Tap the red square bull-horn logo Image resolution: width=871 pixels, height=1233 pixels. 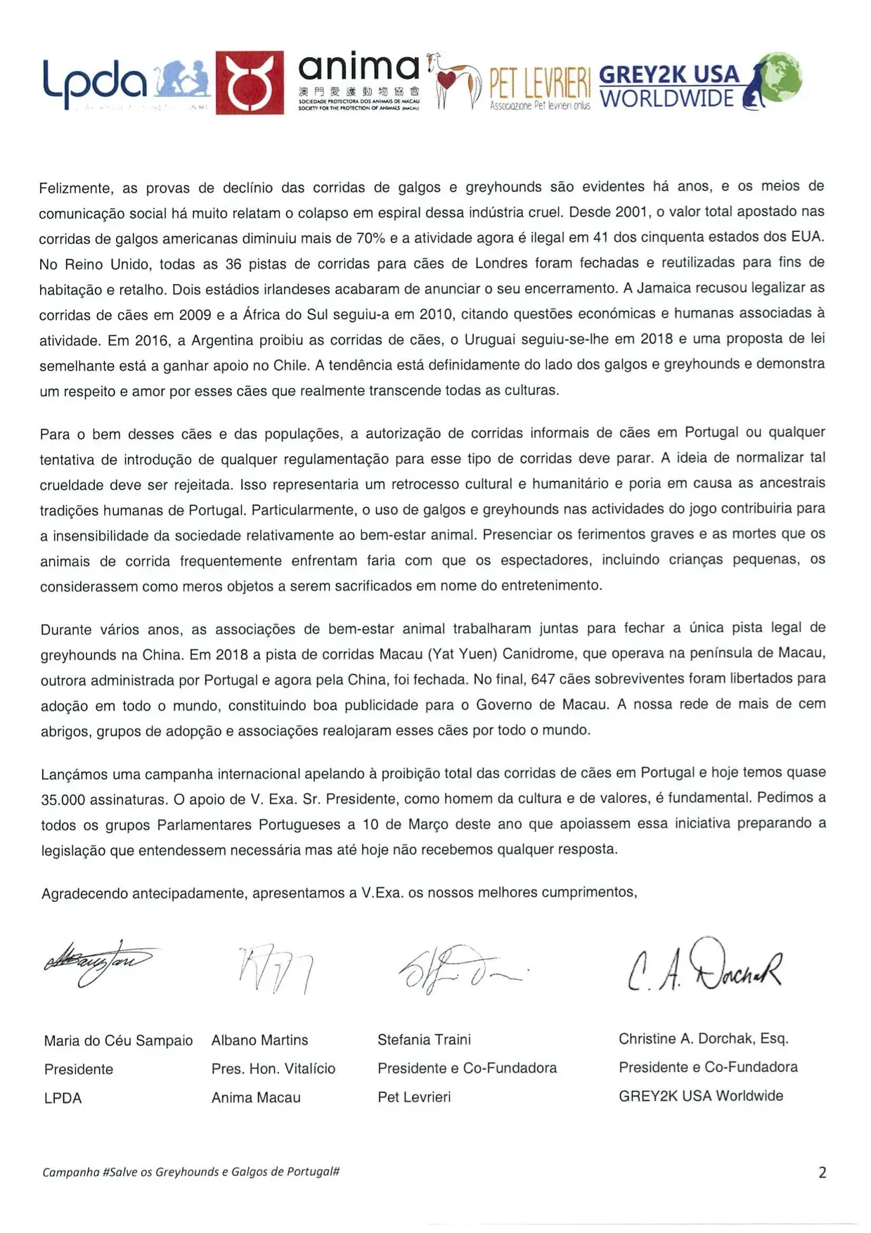[249, 82]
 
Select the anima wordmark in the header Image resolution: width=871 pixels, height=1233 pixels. [359, 68]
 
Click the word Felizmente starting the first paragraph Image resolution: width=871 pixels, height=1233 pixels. [75, 188]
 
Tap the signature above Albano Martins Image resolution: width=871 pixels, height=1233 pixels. [274, 969]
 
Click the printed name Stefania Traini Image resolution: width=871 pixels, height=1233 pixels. [424, 1040]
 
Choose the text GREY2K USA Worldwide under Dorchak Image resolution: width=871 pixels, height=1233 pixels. [700, 1096]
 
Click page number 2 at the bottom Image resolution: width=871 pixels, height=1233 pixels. [822, 1173]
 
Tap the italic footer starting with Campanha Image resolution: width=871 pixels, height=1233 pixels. [191, 1172]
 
